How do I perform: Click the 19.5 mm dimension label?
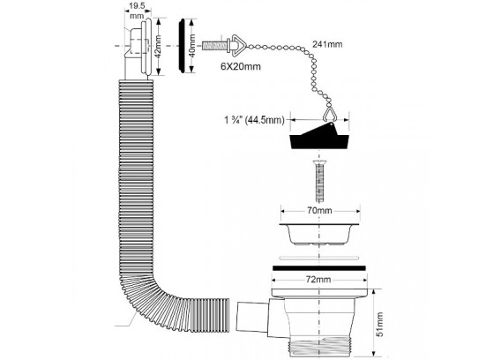tap(137, 11)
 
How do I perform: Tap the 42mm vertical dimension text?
tap(158, 46)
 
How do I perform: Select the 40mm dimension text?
tap(191, 45)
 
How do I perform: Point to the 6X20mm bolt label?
tap(241, 66)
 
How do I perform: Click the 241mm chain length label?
tap(327, 44)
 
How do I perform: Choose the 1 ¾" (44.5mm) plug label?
tap(254, 120)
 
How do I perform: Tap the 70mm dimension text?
tap(319, 211)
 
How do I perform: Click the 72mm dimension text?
tap(318, 280)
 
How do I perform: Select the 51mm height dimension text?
tap(379, 324)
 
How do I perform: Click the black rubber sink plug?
tap(318, 138)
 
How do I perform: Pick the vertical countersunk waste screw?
tap(319, 181)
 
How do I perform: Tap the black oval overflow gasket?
tap(182, 45)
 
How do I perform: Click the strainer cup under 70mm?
tap(319, 235)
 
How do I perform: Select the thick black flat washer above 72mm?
tap(319, 268)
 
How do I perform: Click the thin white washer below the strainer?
tap(318, 258)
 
